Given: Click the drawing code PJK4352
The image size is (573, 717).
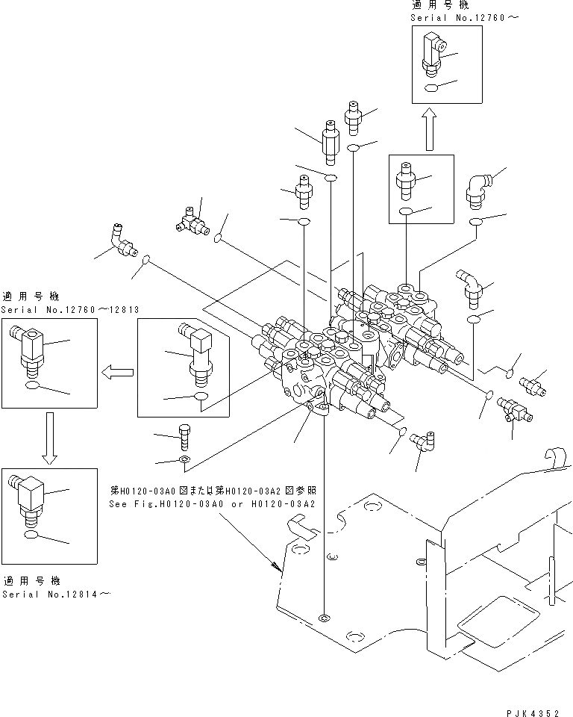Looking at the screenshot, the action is pos(532,713).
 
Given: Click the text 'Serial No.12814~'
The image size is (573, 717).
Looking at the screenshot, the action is pos(56,594).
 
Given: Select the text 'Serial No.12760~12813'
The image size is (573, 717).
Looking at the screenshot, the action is pos(70,309).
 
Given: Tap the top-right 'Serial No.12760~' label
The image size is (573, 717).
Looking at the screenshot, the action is pos(464,18).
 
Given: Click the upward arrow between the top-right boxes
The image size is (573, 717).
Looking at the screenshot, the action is pos(429,129).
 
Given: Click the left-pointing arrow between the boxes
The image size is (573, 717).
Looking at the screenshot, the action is pos(117,373).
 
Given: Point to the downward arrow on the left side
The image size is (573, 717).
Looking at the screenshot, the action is pos(50,438).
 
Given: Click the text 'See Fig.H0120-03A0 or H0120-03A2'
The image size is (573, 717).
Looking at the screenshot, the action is pos(212,504).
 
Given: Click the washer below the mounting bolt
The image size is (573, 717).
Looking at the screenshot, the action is pos(184,459).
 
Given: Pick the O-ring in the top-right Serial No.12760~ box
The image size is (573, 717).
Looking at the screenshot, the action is pos(431,88).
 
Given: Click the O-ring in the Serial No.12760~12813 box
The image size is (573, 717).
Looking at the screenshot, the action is pos(32,386).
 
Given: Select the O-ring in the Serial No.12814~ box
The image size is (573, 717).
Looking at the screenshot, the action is pos(31,536).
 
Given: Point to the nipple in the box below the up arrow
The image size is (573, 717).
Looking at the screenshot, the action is pos(406,181).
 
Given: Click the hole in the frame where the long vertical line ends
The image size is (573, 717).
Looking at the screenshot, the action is pos(324,618).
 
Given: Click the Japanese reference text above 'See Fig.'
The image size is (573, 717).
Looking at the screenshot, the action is pos(213,491).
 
